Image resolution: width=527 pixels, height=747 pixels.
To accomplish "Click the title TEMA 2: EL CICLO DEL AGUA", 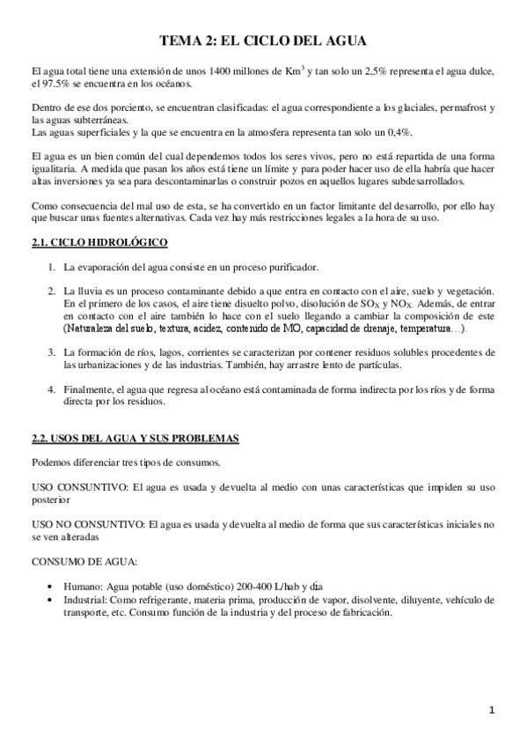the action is [x=263, y=41].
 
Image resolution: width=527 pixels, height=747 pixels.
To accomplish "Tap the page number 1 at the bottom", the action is [x=493, y=709].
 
